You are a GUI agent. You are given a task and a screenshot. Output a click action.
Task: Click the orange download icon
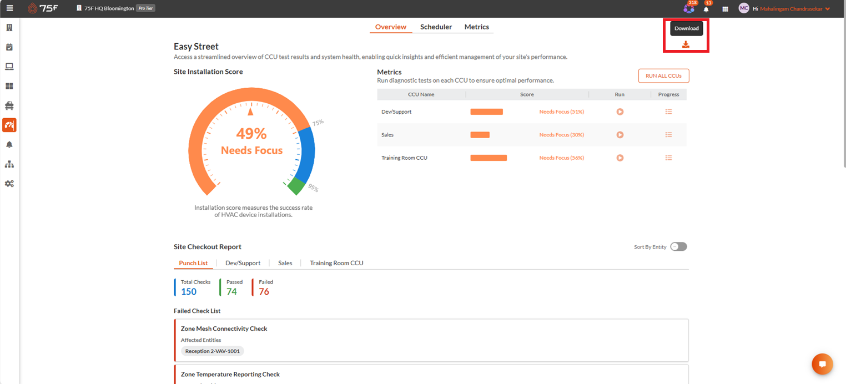(x=686, y=44)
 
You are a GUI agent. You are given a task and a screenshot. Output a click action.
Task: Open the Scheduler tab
(x=436, y=27)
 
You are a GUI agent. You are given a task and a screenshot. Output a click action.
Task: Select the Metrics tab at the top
(x=477, y=27)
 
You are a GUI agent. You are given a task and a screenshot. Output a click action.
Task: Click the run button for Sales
(x=620, y=135)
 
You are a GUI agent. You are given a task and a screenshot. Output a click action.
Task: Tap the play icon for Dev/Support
(x=620, y=112)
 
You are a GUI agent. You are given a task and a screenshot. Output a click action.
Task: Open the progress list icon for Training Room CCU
(x=668, y=158)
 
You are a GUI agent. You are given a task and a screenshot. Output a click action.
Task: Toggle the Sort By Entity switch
(x=678, y=246)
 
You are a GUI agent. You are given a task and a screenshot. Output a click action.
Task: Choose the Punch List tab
(x=193, y=263)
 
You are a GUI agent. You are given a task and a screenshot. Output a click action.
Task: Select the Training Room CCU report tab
(x=336, y=263)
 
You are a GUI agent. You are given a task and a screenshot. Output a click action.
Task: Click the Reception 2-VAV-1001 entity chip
(x=212, y=351)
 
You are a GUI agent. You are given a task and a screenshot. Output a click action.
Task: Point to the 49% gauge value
(x=251, y=133)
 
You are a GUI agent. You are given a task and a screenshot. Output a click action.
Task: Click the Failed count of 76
(x=264, y=291)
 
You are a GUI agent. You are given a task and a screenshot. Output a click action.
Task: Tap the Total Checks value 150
(x=188, y=291)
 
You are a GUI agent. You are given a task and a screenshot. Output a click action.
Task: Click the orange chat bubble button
(x=822, y=364)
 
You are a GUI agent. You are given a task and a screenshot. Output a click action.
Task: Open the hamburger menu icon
(x=10, y=8)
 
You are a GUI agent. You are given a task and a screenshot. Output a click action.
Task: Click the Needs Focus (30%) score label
(x=562, y=135)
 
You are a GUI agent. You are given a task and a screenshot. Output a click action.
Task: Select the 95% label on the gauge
(x=314, y=188)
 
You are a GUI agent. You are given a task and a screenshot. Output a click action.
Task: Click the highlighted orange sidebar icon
(x=9, y=125)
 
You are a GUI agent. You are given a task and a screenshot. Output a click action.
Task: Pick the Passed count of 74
(x=231, y=291)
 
